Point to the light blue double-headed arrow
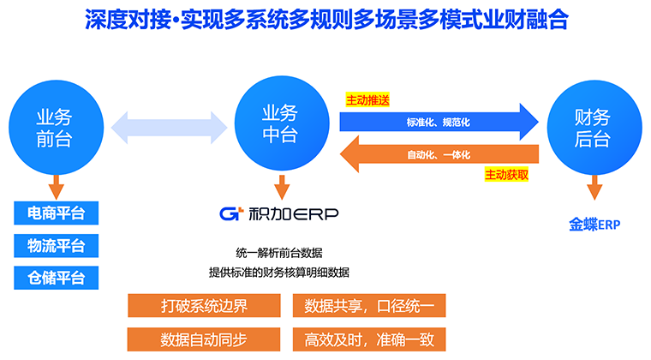pos(168,126)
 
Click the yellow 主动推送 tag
pos(367,99)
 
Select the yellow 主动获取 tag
pos(506,175)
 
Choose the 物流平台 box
pos(57,245)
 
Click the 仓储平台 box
pos(57,278)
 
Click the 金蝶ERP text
pos(594,225)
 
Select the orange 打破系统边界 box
pos(204,306)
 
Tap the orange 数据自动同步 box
pos(204,338)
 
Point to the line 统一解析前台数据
pos(279,253)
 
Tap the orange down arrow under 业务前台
pos(56,185)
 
